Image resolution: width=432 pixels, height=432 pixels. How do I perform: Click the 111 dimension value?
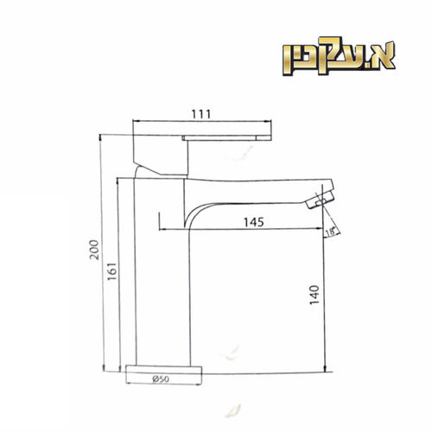point(201,114)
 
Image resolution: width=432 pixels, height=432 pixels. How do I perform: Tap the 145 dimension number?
point(254,222)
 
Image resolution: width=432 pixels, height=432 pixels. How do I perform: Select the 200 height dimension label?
point(94,250)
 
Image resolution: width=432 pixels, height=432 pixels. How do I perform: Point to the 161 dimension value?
point(112,271)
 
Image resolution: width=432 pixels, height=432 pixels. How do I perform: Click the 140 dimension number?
point(314,295)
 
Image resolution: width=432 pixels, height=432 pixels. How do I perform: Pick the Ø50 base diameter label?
point(162,379)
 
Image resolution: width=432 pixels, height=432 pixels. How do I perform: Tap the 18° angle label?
point(331,232)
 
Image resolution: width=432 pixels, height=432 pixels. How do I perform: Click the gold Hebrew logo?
point(339,56)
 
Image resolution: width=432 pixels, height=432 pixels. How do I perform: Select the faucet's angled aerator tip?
point(321,200)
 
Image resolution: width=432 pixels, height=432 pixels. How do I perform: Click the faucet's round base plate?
point(164,370)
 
